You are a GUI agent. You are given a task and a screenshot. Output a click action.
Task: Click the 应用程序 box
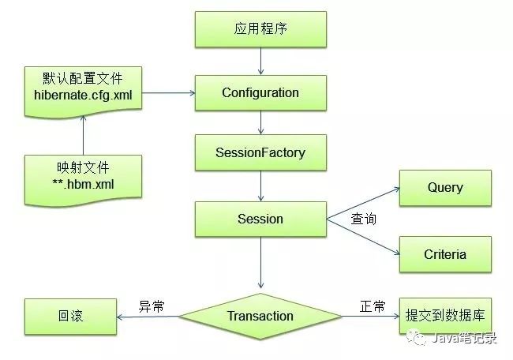tap(260, 30)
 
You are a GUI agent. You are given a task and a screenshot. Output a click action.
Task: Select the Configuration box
tap(260, 93)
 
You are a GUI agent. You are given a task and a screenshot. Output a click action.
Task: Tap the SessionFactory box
tap(260, 152)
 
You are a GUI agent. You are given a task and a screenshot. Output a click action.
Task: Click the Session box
tap(260, 219)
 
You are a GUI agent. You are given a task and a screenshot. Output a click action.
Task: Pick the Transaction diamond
tap(260, 316)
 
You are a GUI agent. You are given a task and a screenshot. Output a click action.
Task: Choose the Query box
tap(445, 188)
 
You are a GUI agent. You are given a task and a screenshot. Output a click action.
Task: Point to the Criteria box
tap(445, 254)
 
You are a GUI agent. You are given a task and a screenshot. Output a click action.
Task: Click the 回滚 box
tap(70, 316)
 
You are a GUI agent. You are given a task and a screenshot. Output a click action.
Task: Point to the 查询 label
tap(363, 219)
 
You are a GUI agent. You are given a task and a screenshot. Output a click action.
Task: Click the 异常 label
tap(152, 306)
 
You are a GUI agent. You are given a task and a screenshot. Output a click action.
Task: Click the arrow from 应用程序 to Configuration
tap(260, 60)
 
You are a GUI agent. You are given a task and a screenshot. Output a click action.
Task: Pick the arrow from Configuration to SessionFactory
tap(260, 122)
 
